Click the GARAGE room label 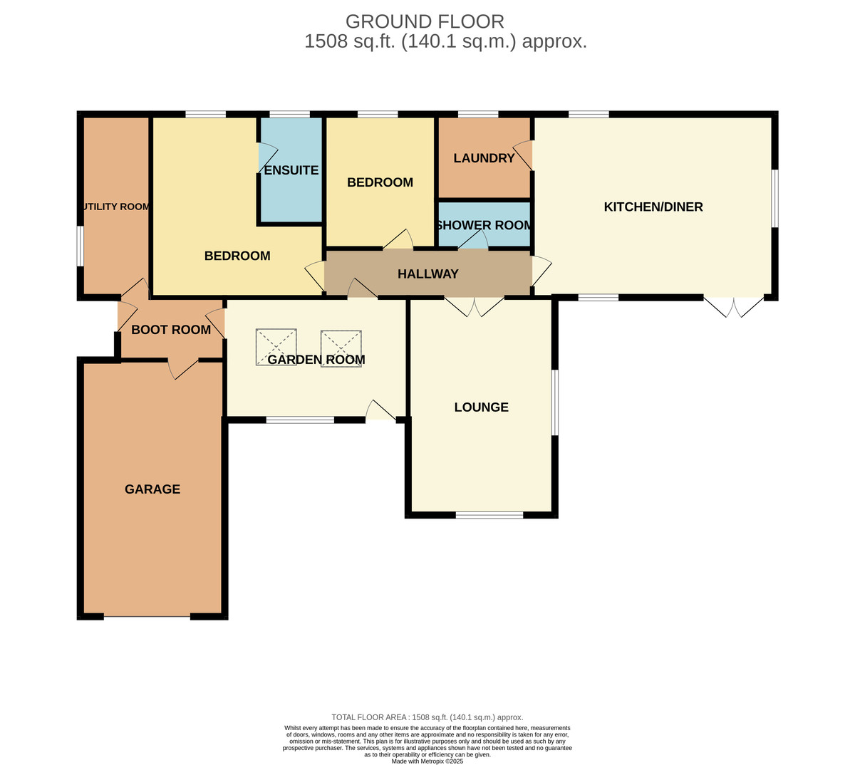(x=152, y=489)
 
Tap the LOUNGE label (x=481, y=407)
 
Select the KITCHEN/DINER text (x=653, y=207)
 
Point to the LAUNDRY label (x=484, y=158)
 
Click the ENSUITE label (x=291, y=170)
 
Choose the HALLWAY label (x=428, y=274)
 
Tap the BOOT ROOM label (x=171, y=330)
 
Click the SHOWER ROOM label (x=484, y=225)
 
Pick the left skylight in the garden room (x=276, y=347)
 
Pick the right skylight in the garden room (x=341, y=348)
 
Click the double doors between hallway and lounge (x=475, y=307)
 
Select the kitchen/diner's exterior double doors (x=734, y=307)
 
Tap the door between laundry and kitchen (x=523, y=155)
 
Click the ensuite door (x=268, y=158)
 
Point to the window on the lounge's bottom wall (x=489, y=515)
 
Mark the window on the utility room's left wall (x=81, y=246)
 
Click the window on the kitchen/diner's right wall (x=774, y=198)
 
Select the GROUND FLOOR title (x=425, y=21)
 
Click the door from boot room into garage (x=183, y=369)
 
